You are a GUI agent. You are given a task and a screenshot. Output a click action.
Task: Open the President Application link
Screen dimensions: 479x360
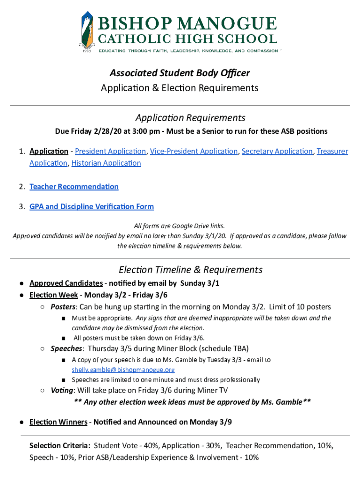(110, 151)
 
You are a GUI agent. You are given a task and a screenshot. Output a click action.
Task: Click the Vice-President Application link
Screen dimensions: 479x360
(194, 151)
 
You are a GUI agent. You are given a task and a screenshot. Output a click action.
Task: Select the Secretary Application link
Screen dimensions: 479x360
(277, 151)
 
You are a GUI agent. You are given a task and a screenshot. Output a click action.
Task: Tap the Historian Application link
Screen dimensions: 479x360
(106, 163)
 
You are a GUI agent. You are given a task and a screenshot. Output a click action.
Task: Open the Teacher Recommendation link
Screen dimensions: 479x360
(74, 187)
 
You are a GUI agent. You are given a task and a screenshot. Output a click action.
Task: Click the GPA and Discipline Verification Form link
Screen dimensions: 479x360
(92, 206)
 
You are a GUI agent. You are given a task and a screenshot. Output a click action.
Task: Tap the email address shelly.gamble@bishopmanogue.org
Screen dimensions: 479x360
(123, 370)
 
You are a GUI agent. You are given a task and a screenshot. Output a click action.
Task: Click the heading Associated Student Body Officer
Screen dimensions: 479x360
(180, 73)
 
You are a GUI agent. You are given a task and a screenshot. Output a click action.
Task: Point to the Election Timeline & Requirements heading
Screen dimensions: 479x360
(190, 269)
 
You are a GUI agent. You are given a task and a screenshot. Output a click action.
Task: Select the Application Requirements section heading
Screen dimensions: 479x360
(190, 117)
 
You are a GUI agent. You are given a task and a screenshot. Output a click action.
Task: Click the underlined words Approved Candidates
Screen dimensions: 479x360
(66, 283)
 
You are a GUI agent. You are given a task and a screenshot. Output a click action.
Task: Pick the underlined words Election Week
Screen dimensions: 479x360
(53, 295)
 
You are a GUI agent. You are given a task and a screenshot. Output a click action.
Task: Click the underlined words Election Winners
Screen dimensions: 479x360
(58, 422)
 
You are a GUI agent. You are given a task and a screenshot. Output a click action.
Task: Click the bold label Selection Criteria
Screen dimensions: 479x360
(59, 446)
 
